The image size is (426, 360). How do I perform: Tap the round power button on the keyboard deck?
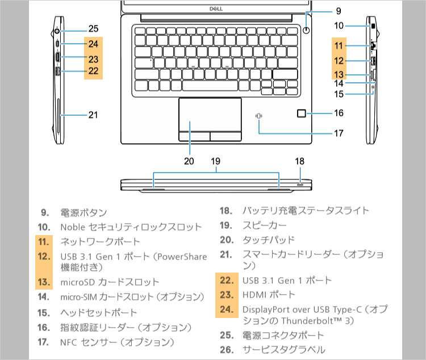pyautogui.click(x=307, y=30)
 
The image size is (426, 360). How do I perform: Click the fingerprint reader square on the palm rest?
pyautogui.click(x=302, y=114)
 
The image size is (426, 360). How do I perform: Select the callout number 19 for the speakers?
pyautogui.click(x=215, y=161)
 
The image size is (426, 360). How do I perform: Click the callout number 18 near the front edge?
pyautogui.click(x=300, y=161)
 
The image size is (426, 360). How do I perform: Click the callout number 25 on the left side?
pyautogui.click(x=94, y=28)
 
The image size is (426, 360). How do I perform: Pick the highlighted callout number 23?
pyautogui.click(x=94, y=58)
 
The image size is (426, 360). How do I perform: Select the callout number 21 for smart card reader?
pyautogui.click(x=93, y=115)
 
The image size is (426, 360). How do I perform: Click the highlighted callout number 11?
pyautogui.click(x=339, y=45)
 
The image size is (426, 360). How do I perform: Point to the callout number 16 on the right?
pyautogui.click(x=339, y=113)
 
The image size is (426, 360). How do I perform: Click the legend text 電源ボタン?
pyautogui.click(x=83, y=213)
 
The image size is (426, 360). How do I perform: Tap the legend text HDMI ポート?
pyautogui.click(x=269, y=295)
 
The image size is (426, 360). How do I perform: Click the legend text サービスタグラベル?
pyautogui.click(x=284, y=349)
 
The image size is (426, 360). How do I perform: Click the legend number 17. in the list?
pyautogui.click(x=44, y=342)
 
